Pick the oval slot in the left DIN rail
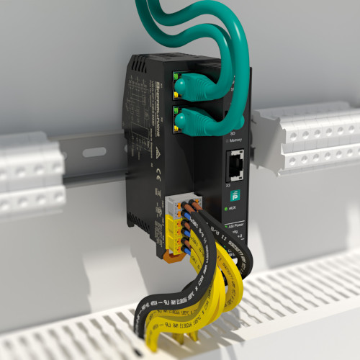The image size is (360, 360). click(94, 152)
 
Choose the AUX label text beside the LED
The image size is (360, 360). click(235, 208)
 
